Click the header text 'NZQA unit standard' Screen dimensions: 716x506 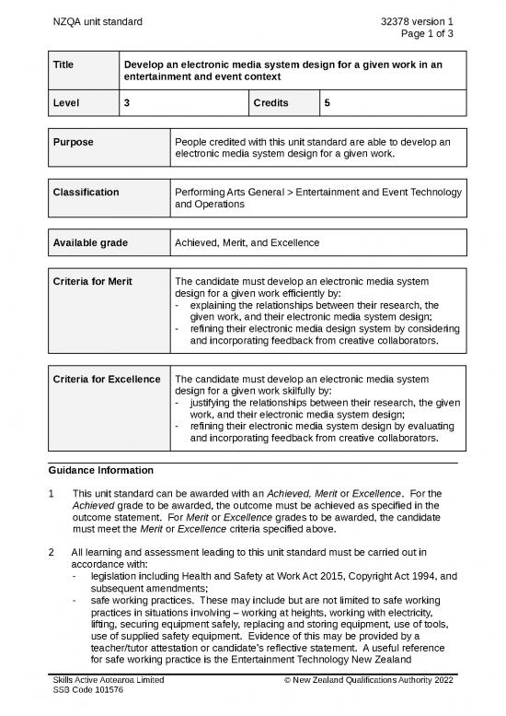(97, 20)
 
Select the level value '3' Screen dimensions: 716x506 (127, 105)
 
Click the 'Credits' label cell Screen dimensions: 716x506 (274, 105)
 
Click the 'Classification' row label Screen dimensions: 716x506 (86, 193)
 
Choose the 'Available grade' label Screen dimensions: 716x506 (90, 242)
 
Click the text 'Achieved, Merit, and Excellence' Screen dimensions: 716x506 (247, 242)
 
